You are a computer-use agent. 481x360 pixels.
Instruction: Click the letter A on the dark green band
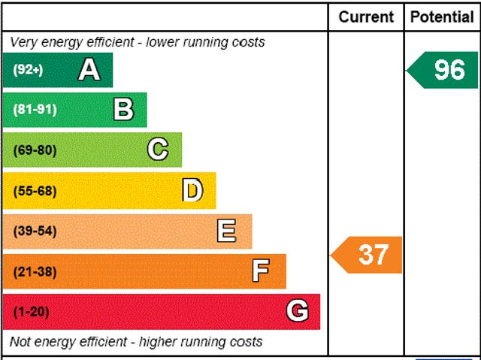[89, 70]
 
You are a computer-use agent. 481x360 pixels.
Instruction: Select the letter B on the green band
[123, 110]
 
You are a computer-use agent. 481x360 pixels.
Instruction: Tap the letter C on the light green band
[157, 150]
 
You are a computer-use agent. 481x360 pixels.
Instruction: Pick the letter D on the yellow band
[192, 191]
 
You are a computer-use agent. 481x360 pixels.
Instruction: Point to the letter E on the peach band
[226, 231]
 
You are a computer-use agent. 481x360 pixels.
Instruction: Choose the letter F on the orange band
[261, 271]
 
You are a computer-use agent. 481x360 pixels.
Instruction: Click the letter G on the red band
[298, 311]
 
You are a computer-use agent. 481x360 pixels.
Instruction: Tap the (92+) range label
[29, 70]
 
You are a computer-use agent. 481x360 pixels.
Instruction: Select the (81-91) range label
[35, 110]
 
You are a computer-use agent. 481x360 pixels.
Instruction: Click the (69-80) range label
[35, 150]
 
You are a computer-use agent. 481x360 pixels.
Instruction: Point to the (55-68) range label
[35, 191]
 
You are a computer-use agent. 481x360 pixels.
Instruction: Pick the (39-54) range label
[35, 231]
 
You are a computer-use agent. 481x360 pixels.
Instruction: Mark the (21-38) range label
[35, 272]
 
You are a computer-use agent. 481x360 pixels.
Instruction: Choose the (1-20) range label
[31, 312]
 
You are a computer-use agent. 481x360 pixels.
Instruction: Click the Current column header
[366, 17]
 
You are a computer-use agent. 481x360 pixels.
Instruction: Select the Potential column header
[442, 17]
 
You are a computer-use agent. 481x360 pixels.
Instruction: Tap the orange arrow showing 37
[368, 255]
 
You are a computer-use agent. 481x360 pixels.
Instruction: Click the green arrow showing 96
[443, 70]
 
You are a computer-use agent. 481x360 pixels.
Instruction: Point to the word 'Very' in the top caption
[24, 42]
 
